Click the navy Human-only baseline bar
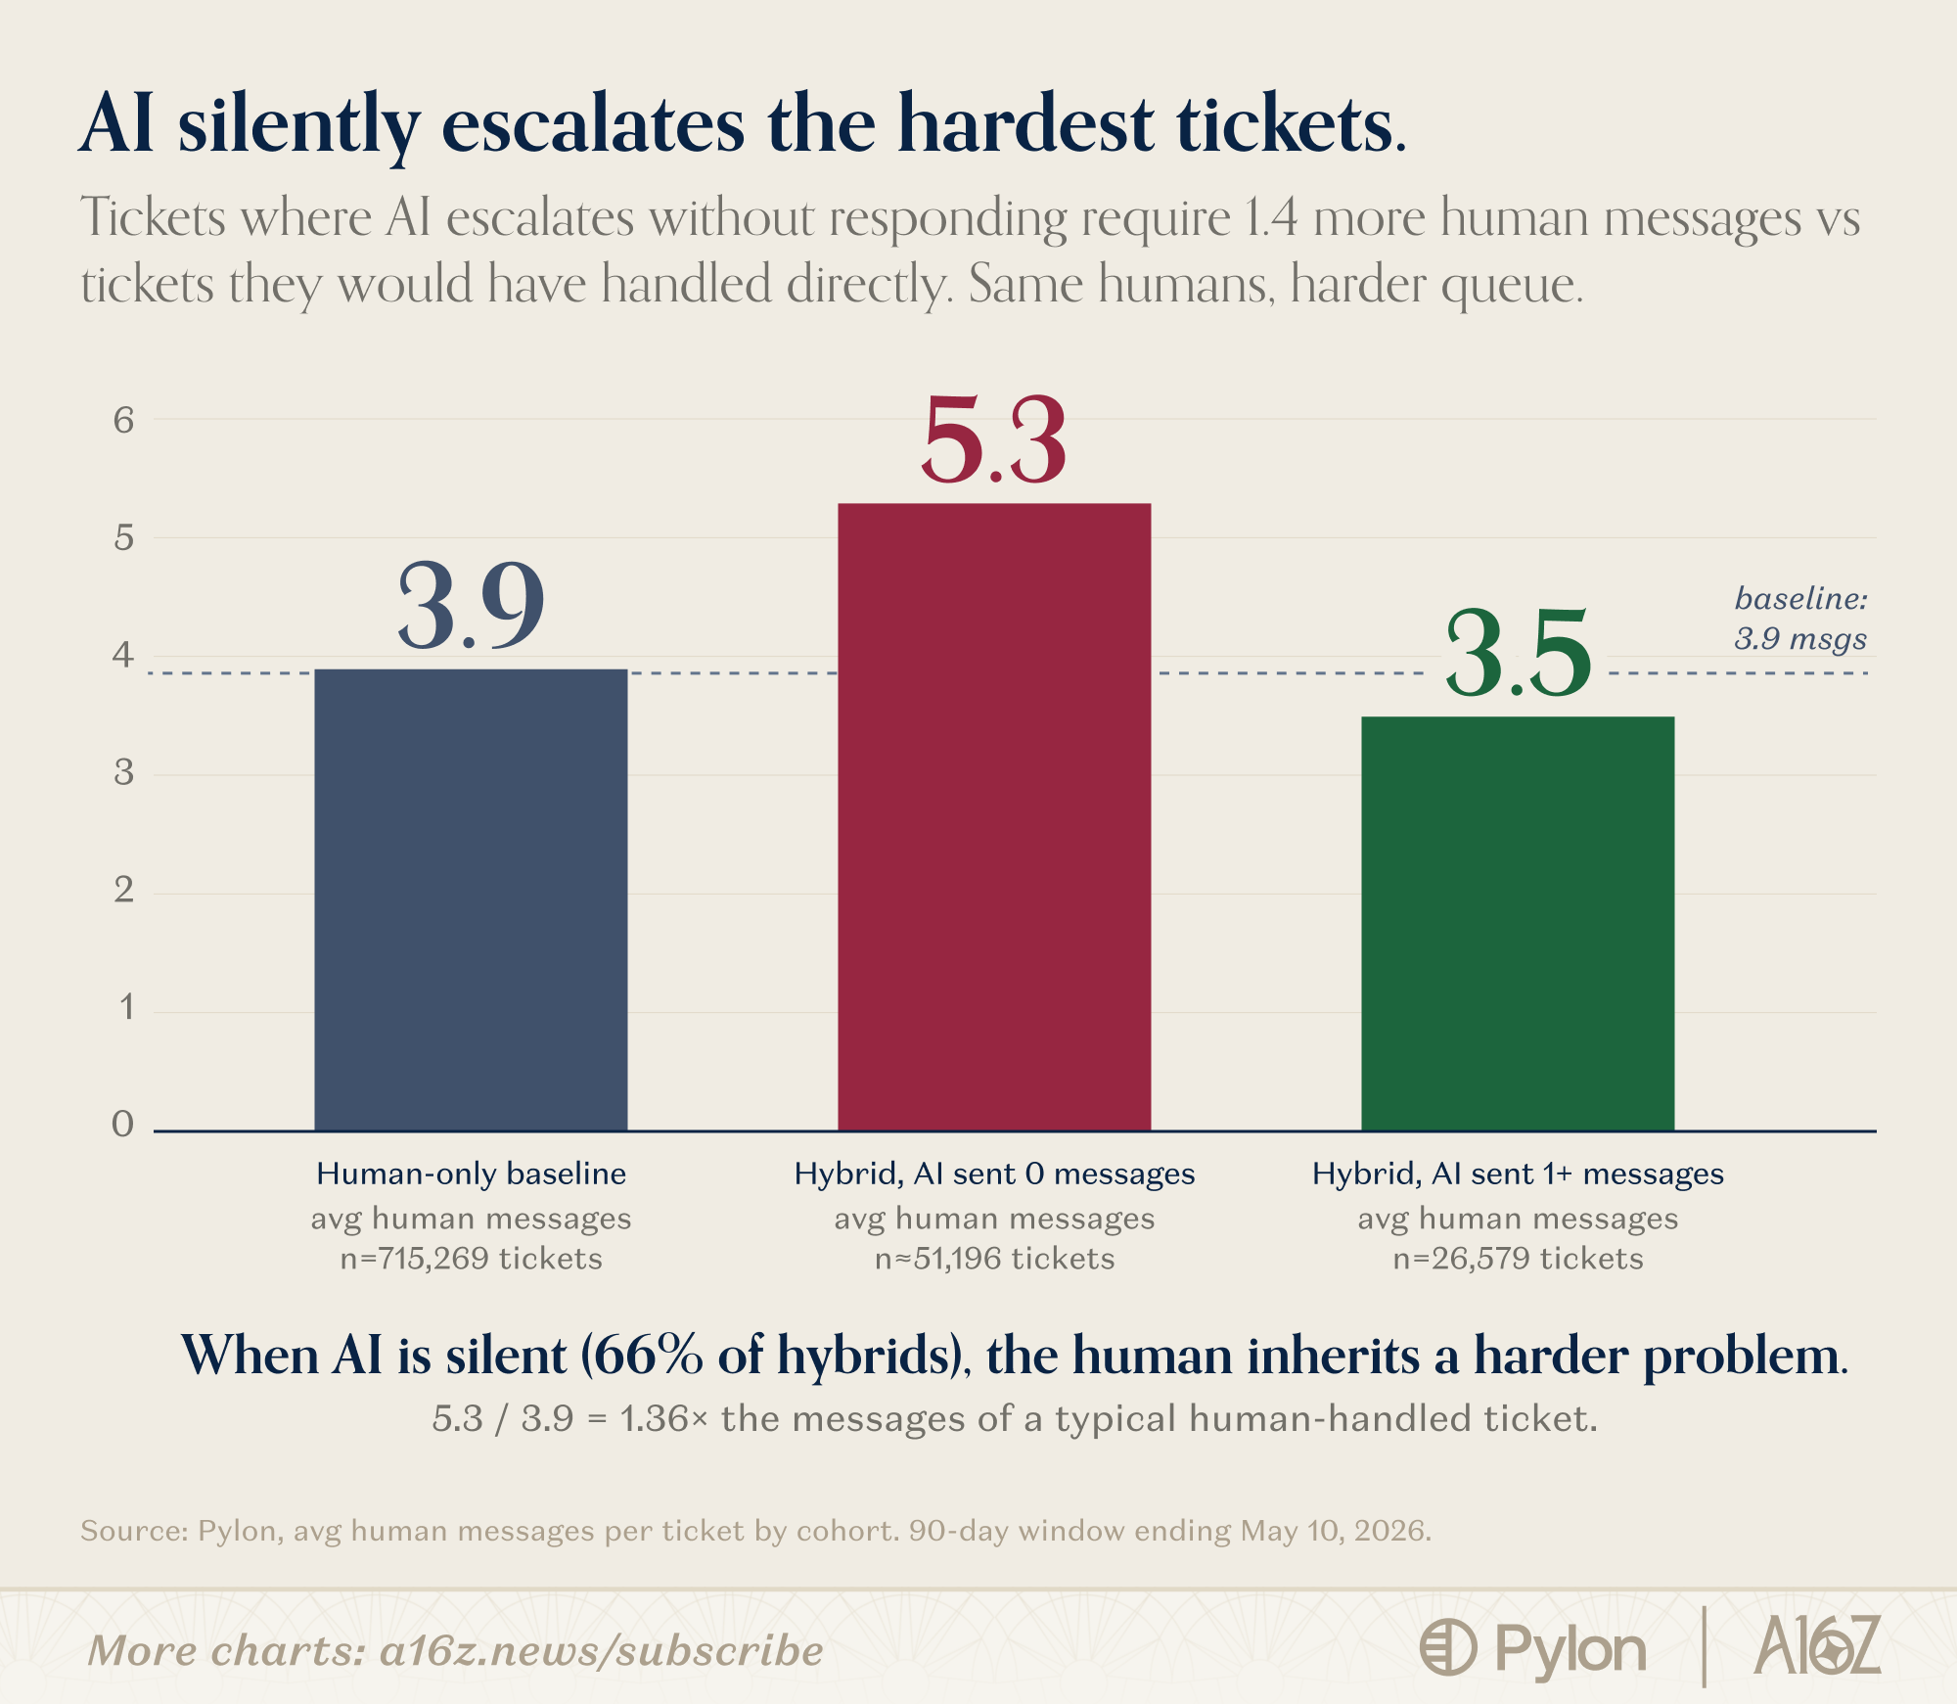pyautogui.click(x=471, y=899)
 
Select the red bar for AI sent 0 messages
pyautogui.click(x=994, y=817)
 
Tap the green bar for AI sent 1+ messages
pyautogui.click(x=1518, y=924)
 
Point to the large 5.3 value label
pyautogui.click(x=993, y=440)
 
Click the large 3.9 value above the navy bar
pyautogui.click(x=471, y=606)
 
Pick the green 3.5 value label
pyautogui.click(x=1518, y=653)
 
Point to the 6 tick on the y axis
pyautogui.click(x=123, y=420)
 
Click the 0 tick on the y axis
pyautogui.click(x=123, y=1124)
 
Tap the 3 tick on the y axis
pyautogui.click(x=123, y=772)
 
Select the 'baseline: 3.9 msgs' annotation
pyautogui.click(x=1800, y=619)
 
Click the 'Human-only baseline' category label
pyautogui.click(x=471, y=1174)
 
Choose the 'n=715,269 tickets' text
pyautogui.click(x=471, y=1258)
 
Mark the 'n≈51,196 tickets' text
pyautogui.click(x=994, y=1258)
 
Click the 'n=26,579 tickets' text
pyautogui.click(x=1518, y=1258)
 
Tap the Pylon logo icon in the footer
pyautogui.click(x=1447, y=1647)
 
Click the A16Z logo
pyautogui.click(x=1817, y=1645)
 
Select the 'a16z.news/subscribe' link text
pyautogui.click(x=601, y=1651)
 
